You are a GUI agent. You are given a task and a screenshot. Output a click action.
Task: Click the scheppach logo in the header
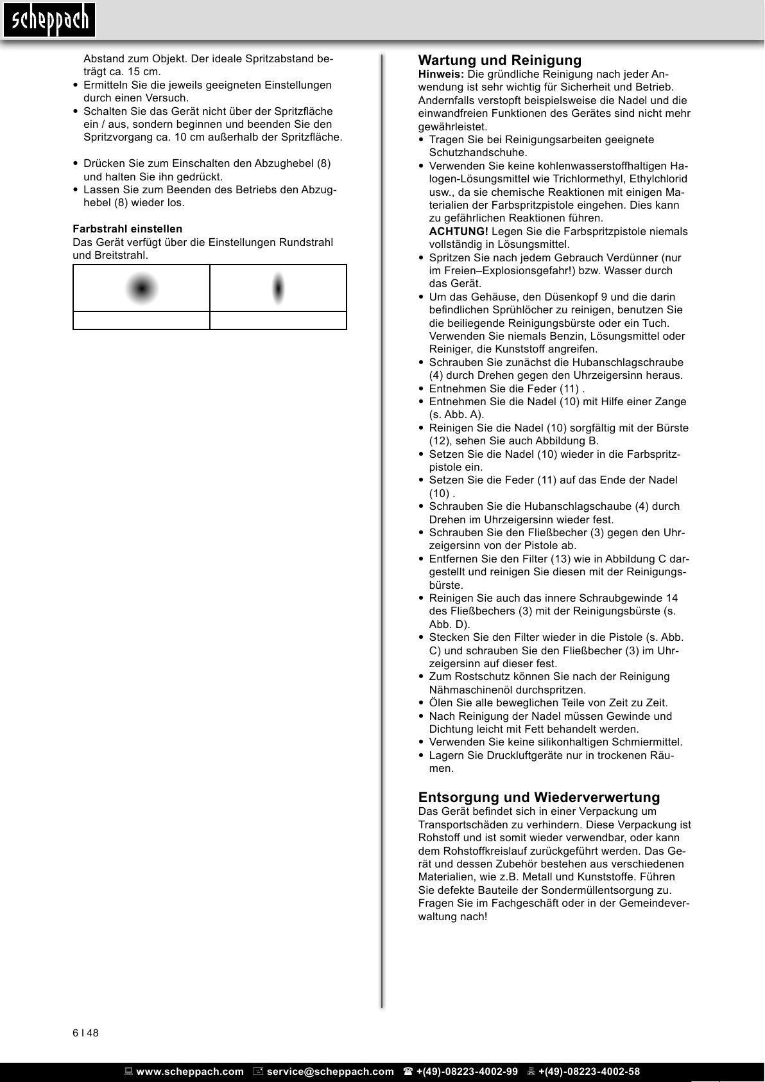tap(49, 21)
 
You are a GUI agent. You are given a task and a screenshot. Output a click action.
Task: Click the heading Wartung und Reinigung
tap(499, 60)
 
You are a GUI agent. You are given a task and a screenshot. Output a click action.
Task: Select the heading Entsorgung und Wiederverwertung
tap(538, 798)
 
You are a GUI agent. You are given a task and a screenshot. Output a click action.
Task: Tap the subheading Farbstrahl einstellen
tap(127, 229)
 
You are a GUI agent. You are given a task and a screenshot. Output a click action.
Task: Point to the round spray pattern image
tap(142, 288)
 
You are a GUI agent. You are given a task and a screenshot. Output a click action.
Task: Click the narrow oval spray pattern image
tap(278, 288)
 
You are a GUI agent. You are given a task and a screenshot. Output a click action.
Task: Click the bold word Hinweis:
tap(441, 74)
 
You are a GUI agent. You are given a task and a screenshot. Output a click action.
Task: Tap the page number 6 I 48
tap(85, 1033)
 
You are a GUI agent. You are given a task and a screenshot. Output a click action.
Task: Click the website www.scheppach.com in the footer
tap(190, 1072)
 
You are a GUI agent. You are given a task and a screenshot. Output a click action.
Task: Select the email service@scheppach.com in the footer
tap(330, 1072)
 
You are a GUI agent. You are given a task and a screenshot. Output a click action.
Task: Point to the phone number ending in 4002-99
tap(467, 1072)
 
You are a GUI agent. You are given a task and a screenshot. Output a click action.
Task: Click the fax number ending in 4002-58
tap(589, 1072)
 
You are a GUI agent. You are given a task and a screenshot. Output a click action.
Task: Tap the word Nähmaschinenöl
tap(468, 690)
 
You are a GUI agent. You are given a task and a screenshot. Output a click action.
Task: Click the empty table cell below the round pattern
tap(141, 320)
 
